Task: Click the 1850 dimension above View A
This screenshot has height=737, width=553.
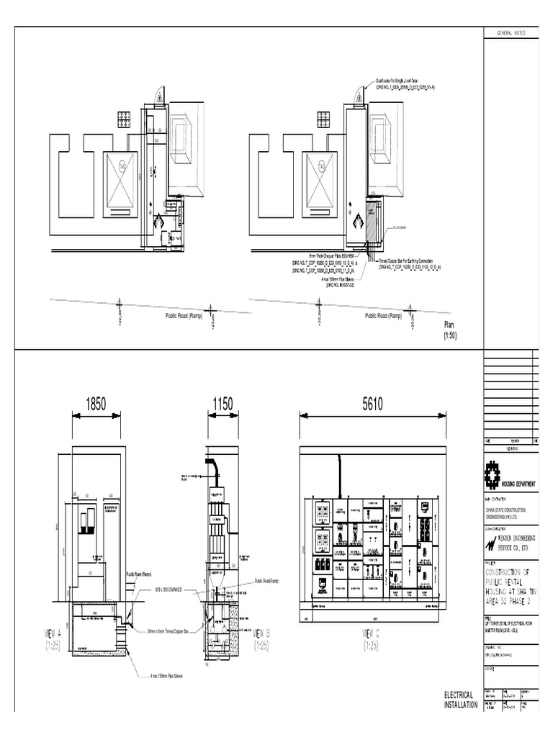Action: click(x=95, y=404)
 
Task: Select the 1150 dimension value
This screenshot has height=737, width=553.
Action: click(x=222, y=404)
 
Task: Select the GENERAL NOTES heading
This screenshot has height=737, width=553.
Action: click(x=509, y=34)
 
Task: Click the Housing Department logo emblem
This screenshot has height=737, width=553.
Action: click(x=493, y=476)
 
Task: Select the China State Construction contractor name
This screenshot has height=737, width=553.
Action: click(x=511, y=513)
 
